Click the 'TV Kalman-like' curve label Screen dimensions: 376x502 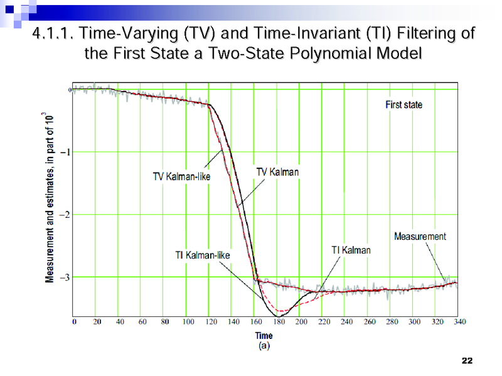pos(182,176)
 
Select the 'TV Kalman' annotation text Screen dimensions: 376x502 pos(277,171)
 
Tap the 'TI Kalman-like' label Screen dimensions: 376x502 pos(202,255)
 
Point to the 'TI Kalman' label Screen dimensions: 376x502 pos(351,250)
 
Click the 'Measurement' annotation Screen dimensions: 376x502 pos(420,237)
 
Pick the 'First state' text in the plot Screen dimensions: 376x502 pos(403,105)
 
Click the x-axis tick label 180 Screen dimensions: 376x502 pos(279,322)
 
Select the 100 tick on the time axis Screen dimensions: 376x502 pos(188,322)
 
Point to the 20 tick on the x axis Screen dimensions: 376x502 pos(97,322)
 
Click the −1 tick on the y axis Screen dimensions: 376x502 pos(64,153)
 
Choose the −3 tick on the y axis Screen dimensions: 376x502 pos(64,277)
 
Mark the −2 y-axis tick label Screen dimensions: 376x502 pos(64,215)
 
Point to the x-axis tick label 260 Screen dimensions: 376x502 pos(370,322)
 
